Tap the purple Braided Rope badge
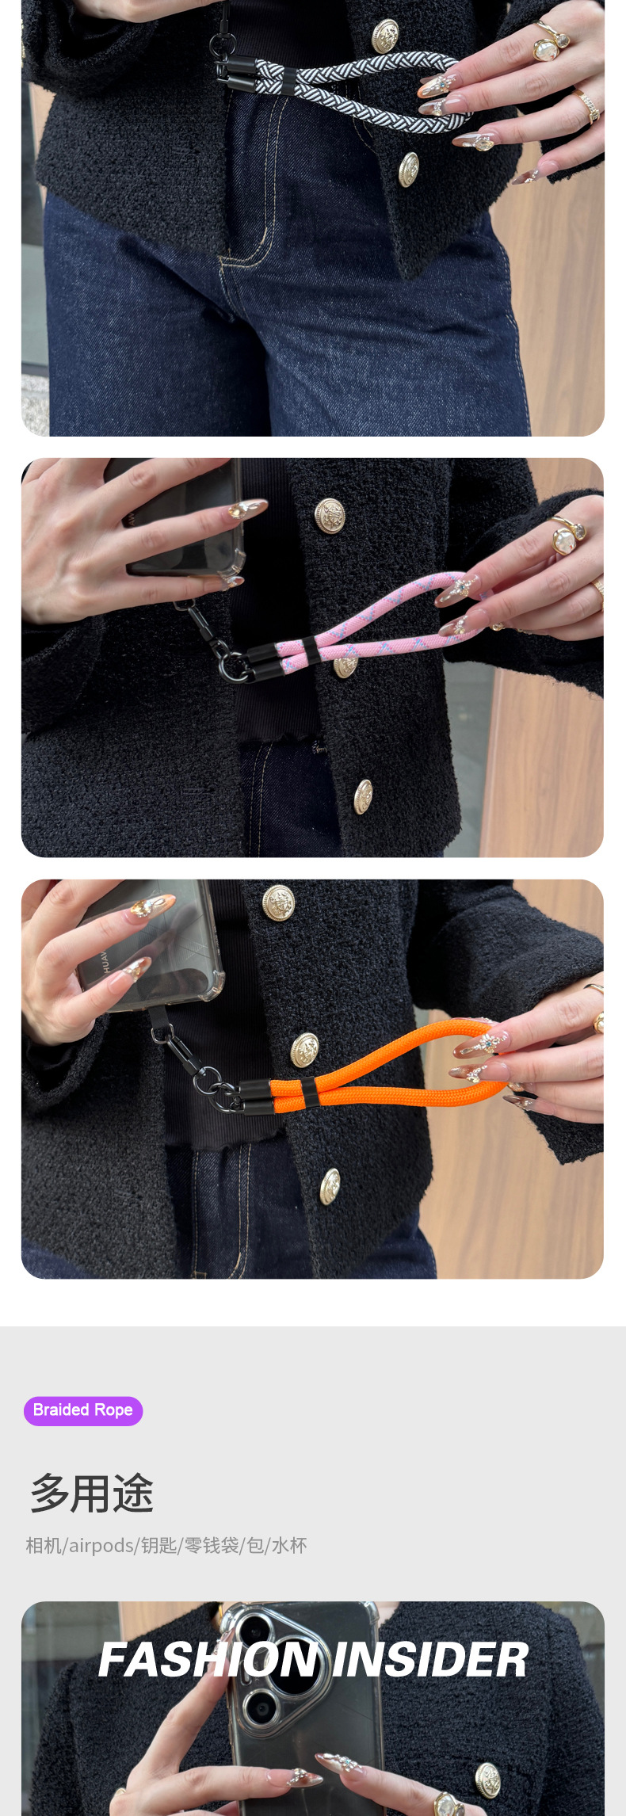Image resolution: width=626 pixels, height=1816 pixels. (83, 1410)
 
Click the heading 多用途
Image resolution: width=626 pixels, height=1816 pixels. (92, 1494)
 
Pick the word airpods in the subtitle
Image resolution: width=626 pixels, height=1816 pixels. (101, 1546)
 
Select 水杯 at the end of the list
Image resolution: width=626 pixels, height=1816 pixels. (289, 1545)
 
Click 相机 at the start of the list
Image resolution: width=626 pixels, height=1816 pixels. (44, 1545)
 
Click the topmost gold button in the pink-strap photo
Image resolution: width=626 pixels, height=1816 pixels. (330, 516)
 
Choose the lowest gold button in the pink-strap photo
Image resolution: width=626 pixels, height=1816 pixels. (362, 796)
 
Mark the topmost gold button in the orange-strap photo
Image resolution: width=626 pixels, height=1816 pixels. (278, 902)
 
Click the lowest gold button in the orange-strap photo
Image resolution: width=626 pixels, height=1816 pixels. (330, 1187)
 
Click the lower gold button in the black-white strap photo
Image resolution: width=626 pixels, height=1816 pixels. (408, 169)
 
